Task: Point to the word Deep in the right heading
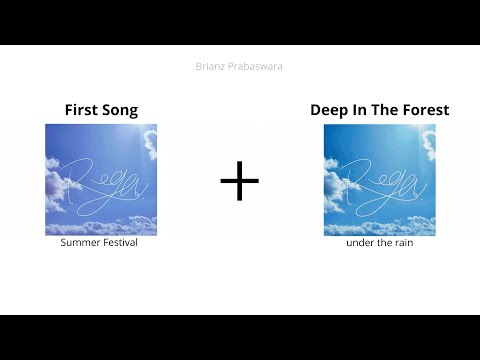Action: pos(331,110)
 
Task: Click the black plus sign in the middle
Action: pos(239,180)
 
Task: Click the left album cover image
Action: pos(101,180)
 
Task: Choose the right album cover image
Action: pos(379,180)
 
